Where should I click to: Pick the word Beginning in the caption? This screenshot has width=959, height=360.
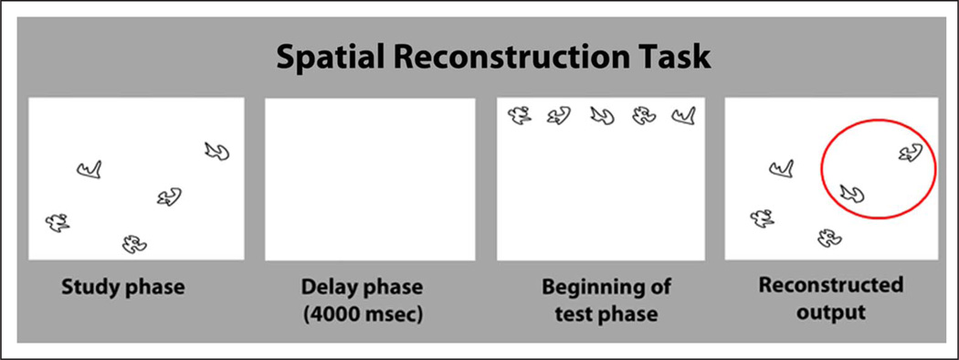[x=581, y=287]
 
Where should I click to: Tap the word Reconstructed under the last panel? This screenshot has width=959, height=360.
[x=831, y=285]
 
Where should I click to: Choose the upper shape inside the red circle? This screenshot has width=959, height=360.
[x=910, y=154]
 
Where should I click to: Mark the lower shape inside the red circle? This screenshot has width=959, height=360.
[x=852, y=193]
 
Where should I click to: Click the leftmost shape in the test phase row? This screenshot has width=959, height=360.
[x=520, y=115]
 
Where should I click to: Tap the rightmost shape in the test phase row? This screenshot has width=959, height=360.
[x=682, y=115]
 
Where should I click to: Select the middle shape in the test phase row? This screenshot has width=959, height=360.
[x=601, y=115]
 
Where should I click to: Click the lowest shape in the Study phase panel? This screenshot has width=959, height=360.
[x=133, y=243]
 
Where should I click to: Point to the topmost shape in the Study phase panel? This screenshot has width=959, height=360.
[x=216, y=152]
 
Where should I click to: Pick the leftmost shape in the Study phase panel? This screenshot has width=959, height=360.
[x=58, y=222]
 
